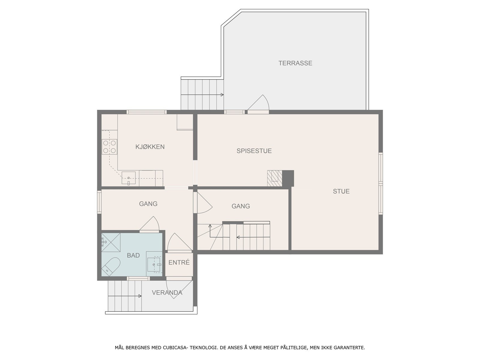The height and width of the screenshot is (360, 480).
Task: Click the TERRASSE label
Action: [x=295, y=63]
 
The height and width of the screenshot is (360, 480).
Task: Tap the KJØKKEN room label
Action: [x=150, y=147]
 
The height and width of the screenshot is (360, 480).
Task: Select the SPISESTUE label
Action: [x=254, y=151]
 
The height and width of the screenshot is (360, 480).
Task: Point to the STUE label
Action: [x=341, y=191]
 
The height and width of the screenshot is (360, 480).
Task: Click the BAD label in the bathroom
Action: [x=133, y=256]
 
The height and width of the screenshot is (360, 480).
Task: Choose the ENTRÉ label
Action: [x=179, y=262]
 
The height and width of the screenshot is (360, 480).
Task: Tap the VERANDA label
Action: [x=167, y=293]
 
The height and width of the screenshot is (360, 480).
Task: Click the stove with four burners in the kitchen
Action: [x=109, y=147]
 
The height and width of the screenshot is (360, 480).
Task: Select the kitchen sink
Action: [x=128, y=178]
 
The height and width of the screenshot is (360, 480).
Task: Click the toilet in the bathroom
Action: [x=111, y=266]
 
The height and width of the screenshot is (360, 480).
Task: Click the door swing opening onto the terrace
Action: [x=260, y=103]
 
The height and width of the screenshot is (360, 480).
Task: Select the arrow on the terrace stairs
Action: [x=221, y=95]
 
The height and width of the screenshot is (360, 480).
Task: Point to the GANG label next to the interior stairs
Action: [x=241, y=206]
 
